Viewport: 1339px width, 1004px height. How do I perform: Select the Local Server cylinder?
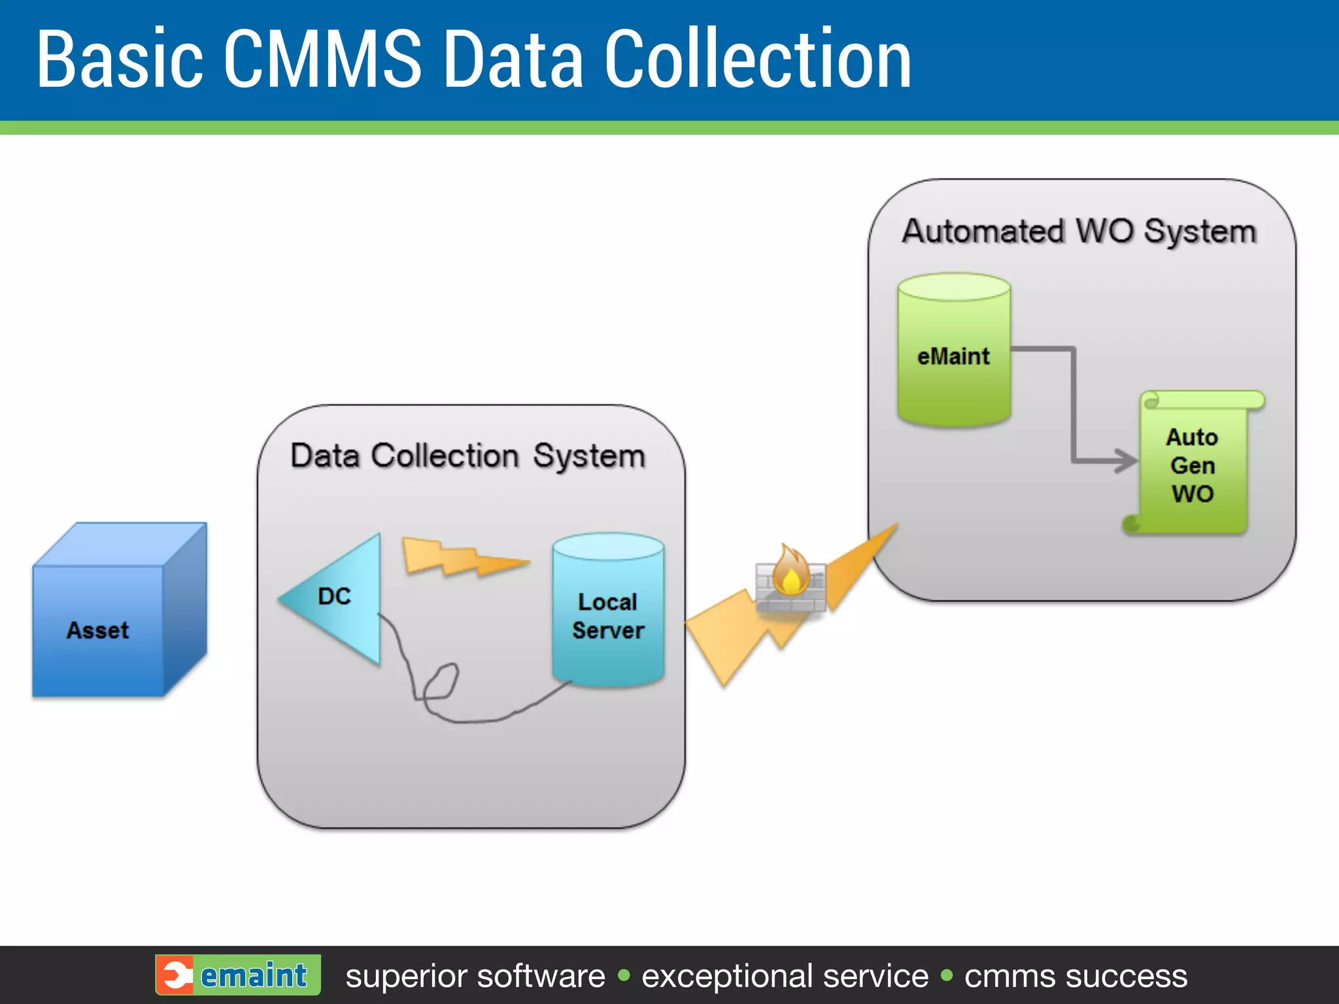608,614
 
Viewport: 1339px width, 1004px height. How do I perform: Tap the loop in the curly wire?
441,683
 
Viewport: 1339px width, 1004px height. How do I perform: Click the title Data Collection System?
467,456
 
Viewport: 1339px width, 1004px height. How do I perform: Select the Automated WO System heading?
1079,231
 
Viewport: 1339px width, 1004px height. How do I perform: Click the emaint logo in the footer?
238,975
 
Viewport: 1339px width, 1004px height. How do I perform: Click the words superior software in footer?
475,976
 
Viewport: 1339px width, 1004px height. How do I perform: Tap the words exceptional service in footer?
785,976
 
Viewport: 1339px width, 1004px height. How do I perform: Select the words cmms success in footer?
1076,976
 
